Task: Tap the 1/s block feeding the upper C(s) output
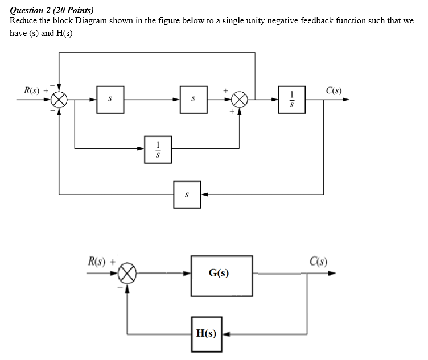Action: pyautogui.click(x=291, y=99)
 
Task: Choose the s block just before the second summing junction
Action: pyautogui.click(x=194, y=99)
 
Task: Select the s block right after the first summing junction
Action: pyautogui.click(x=110, y=99)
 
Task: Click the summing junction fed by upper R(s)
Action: pyautogui.click(x=60, y=100)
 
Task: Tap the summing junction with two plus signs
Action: pyautogui.click(x=240, y=100)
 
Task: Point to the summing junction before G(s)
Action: pyautogui.click(x=127, y=274)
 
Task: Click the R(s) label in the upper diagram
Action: pyautogui.click(x=31, y=90)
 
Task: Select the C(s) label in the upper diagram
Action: pyautogui.click(x=334, y=90)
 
